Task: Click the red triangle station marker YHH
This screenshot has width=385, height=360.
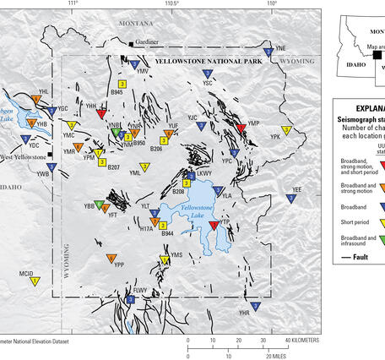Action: tap(101, 113)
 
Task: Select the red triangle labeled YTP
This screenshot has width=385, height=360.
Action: tap(213, 226)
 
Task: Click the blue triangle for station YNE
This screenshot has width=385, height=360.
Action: tap(268, 52)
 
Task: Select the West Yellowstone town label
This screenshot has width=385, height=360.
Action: tap(25, 158)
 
